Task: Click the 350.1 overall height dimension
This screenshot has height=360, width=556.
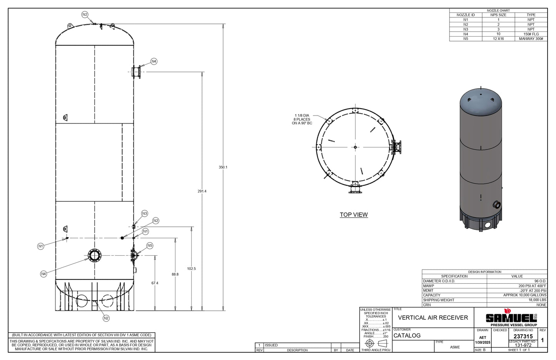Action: point(223,167)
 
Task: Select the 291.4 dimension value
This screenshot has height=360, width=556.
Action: point(202,191)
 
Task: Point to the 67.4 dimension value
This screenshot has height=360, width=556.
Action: point(155,283)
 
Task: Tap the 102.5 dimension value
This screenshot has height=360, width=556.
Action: point(191,269)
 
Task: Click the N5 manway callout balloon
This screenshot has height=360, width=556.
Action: point(150,246)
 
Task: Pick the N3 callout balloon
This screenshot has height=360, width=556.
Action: point(144,213)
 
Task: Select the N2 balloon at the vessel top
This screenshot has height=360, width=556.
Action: point(85,15)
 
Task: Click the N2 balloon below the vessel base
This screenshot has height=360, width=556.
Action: point(106,318)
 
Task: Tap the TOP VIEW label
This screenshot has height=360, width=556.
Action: point(354,215)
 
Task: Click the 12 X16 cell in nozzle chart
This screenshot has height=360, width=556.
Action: point(498,39)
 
